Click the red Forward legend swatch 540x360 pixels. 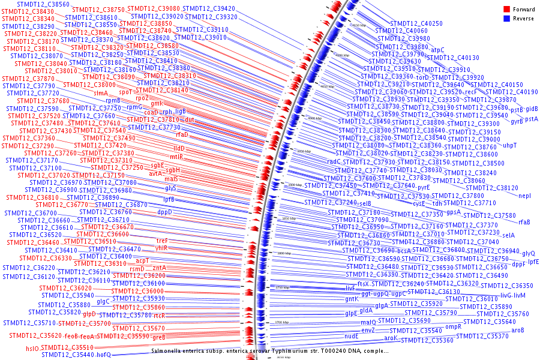pyautogui.click(x=507, y=9)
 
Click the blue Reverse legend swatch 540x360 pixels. pyautogui.click(x=507, y=19)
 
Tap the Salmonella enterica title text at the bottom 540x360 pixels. pyautogui.click(x=269, y=350)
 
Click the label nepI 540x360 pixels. pyautogui.click(x=524, y=196)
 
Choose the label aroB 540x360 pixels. pyautogui.click(x=517, y=329)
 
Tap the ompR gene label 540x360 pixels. pyautogui.click(x=453, y=326)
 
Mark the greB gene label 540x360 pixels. pyautogui.click(x=158, y=337)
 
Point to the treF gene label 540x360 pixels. pyautogui.click(x=162, y=241)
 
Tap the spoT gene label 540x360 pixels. pyautogui.click(x=125, y=92)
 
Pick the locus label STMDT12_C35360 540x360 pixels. pyautogui.click(x=427, y=340)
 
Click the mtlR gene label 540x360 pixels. pyautogui.click(x=176, y=157)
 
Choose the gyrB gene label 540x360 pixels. pyautogui.click(x=517, y=121)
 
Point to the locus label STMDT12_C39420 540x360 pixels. pyautogui.click(x=209, y=8)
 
